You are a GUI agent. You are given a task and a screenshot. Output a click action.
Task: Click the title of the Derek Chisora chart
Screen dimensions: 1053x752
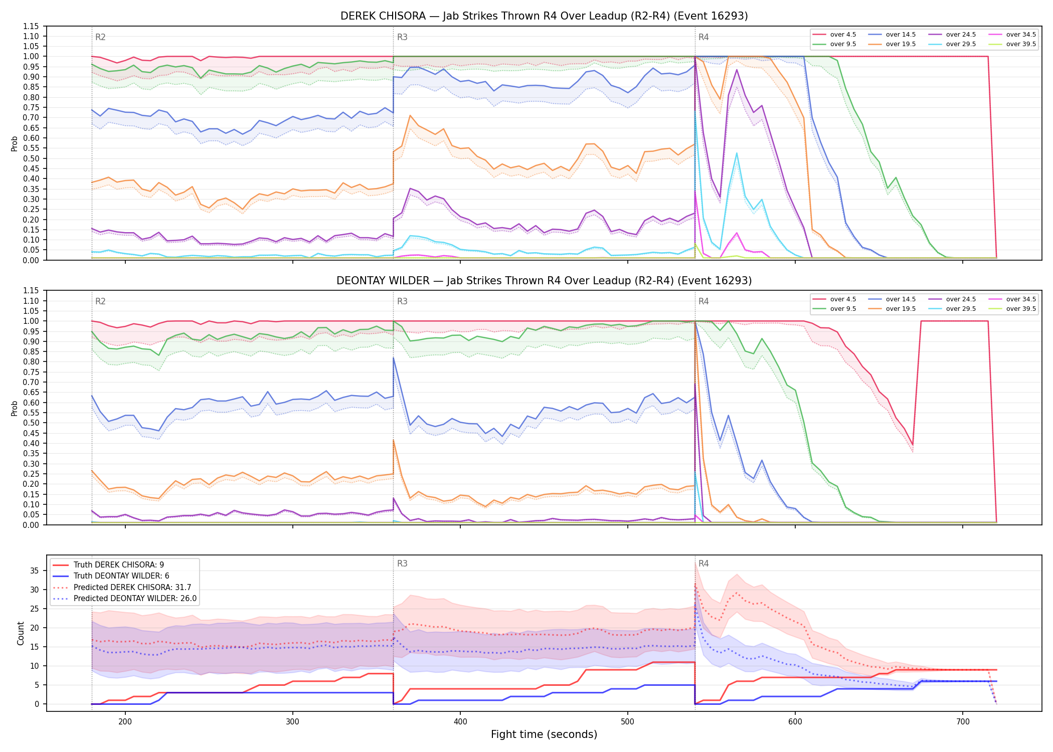tap(544, 16)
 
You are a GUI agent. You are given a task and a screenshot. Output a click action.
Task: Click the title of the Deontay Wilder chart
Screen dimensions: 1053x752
tap(544, 281)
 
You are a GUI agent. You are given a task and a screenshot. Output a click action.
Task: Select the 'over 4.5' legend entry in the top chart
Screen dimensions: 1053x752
tap(834, 35)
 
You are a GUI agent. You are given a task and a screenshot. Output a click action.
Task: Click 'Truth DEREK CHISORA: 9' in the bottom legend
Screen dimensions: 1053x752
tap(108, 565)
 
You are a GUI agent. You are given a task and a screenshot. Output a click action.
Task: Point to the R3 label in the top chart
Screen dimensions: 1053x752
tap(402, 37)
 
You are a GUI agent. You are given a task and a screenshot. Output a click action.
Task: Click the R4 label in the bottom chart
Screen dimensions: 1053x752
tap(704, 563)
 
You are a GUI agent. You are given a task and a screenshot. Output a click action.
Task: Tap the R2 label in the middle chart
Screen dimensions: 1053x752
tap(100, 301)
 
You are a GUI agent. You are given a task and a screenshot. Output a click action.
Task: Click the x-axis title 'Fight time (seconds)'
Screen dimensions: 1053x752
tap(544, 734)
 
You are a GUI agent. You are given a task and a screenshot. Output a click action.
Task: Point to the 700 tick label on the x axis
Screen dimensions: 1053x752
tap(963, 721)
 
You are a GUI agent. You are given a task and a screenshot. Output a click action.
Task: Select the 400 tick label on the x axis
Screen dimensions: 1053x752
tap(460, 721)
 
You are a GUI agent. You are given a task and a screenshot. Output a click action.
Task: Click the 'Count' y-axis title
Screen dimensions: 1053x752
tap(21, 633)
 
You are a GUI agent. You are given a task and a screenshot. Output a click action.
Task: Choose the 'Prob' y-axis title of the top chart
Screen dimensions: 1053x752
tap(15, 143)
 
